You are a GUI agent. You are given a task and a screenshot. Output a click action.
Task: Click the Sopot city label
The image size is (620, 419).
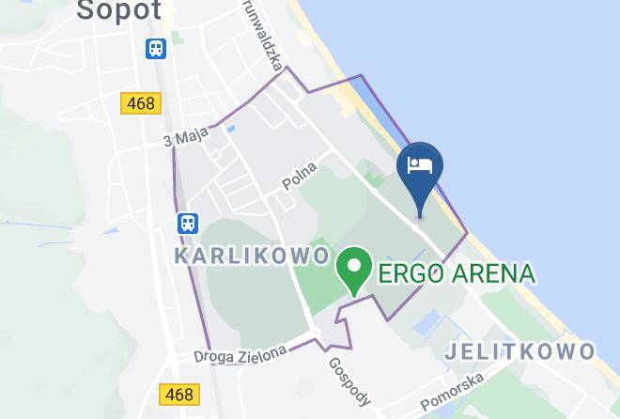[x=119, y=9]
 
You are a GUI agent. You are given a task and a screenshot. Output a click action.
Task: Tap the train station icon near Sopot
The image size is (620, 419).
[x=156, y=49]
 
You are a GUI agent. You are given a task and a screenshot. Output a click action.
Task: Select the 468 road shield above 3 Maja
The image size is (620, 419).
[x=141, y=102]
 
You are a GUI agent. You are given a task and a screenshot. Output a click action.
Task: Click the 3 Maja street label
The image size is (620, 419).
[x=185, y=138]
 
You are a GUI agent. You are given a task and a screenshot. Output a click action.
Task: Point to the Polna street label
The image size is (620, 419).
[x=301, y=177]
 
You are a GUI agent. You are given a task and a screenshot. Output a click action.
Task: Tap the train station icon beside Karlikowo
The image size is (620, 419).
[x=188, y=223]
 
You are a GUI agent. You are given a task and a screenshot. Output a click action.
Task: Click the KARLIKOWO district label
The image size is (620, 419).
[x=253, y=256]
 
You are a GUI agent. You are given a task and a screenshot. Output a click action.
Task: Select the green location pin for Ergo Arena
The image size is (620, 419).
[x=354, y=269]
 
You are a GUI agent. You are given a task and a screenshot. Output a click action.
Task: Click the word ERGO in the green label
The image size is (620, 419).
[x=411, y=274]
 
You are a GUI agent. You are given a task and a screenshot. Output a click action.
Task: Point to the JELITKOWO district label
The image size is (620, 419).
[x=519, y=351]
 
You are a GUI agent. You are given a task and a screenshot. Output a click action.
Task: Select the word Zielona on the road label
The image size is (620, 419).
[x=266, y=353]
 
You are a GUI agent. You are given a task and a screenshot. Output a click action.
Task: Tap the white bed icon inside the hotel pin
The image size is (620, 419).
[x=420, y=166]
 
